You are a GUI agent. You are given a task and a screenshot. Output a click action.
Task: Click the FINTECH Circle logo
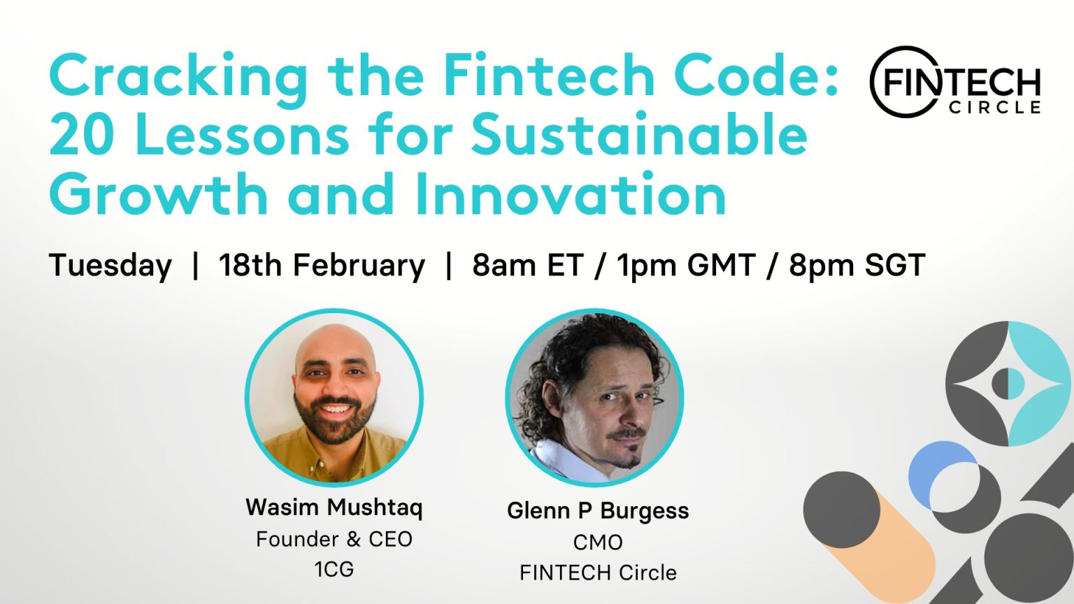(x=955, y=82)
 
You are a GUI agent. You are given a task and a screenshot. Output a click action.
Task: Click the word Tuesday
(x=110, y=266)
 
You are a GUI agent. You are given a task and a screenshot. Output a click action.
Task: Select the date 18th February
(x=322, y=266)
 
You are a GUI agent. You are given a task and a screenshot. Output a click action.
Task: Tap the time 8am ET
(x=527, y=266)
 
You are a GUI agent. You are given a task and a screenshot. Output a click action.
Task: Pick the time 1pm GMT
(x=686, y=266)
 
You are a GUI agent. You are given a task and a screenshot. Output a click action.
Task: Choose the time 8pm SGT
(x=857, y=266)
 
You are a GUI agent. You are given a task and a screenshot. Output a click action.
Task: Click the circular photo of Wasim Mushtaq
(x=334, y=396)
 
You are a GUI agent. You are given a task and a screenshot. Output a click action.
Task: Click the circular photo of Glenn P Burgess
(x=595, y=398)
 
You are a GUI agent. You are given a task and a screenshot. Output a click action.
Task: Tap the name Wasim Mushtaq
(x=334, y=507)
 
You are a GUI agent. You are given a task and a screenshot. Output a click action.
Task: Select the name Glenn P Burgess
(x=598, y=510)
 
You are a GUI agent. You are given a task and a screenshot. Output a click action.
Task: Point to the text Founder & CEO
(x=334, y=539)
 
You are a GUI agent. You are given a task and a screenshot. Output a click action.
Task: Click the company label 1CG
(x=334, y=569)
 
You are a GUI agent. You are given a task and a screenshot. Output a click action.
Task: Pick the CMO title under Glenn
(x=598, y=542)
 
